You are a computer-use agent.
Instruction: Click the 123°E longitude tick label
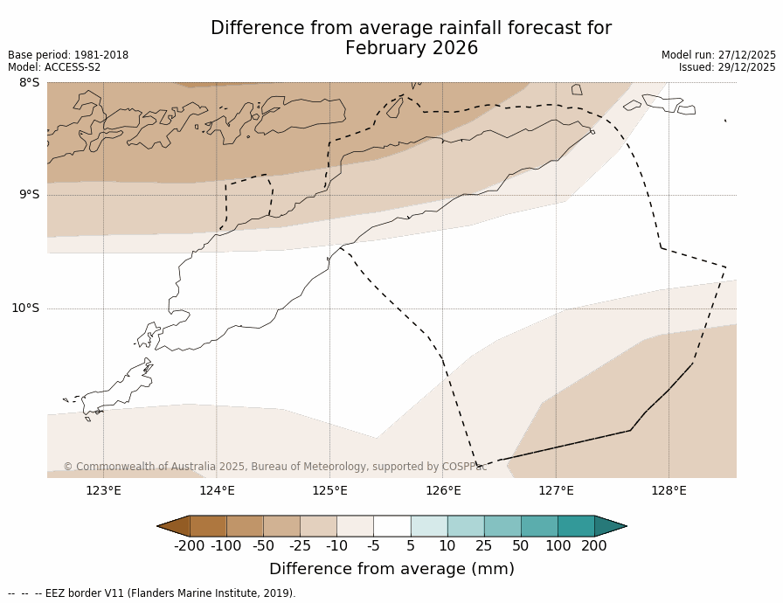[103, 490]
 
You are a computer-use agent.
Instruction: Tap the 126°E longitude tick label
[443, 490]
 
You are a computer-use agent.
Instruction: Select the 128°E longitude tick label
[669, 490]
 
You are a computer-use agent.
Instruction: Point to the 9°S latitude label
[29, 195]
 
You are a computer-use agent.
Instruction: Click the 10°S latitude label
[25, 308]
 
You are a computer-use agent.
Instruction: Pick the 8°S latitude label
[29, 82]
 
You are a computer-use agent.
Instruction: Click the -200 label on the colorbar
[190, 546]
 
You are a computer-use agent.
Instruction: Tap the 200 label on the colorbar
[594, 546]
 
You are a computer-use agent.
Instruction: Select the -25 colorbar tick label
[300, 546]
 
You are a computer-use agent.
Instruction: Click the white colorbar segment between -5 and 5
[391, 525]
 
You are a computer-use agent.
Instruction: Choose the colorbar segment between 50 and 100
[539, 525]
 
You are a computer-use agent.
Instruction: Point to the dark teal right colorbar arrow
[610, 525]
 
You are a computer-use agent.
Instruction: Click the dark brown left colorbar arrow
[174, 525]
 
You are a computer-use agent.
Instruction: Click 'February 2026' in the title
[412, 48]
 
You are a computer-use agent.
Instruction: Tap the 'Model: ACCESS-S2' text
[54, 67]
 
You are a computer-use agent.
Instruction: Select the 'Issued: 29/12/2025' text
[727, 67]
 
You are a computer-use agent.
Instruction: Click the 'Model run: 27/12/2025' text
[718, 55]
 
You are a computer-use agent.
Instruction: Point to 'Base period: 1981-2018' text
[68, 55]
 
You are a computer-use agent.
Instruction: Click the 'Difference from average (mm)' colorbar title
[391, 569]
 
